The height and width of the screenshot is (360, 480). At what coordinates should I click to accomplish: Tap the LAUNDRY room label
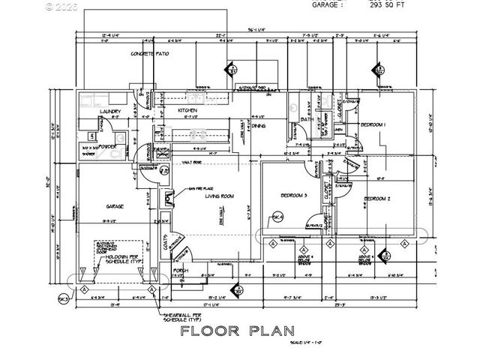[x=111, y=111]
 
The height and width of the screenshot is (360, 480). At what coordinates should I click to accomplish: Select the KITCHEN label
[x=187, y=110]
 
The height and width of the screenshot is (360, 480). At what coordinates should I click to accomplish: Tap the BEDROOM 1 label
[x=373, y=124]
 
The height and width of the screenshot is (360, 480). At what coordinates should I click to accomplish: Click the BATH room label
[x=307, y=119]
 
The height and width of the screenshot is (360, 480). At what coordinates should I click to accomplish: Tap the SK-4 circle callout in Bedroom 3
[x=277, y=218]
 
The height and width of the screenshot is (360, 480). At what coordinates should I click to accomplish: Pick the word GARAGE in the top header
[x=326, y=4]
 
